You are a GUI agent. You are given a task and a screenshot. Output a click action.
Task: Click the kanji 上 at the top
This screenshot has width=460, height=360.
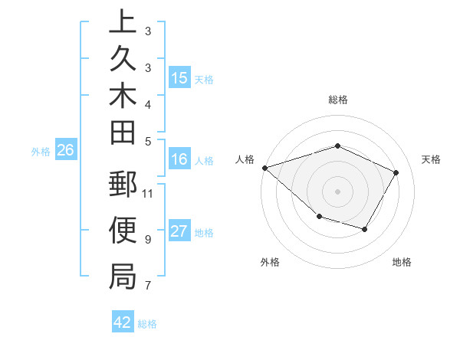tap(123, 22)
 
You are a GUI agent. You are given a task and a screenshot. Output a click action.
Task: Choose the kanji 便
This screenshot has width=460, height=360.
tap(123, 231)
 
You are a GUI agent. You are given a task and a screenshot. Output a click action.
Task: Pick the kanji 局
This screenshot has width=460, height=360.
tap(123, 277)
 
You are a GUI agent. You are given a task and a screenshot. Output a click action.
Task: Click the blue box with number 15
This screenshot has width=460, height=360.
tap(179, 77)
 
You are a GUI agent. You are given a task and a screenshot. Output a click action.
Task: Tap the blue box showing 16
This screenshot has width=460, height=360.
tap(179, 159)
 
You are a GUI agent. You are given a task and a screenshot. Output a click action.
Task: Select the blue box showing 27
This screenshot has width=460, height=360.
tap(179, 231)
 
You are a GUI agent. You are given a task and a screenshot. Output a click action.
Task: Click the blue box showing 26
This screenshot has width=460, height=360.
tap(65, 151)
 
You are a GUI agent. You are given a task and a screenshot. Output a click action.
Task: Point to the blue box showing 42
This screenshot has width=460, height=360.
tap(123, 322)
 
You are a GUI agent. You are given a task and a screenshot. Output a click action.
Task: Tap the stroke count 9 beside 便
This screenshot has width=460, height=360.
tap(147, 240)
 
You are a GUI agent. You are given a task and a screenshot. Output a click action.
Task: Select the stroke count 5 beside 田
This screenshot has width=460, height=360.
tap(147, 141)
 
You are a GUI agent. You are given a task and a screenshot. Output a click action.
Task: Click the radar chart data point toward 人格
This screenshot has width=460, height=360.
tap(264, 168)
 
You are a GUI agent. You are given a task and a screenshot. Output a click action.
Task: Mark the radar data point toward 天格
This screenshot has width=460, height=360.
tap(396, 172)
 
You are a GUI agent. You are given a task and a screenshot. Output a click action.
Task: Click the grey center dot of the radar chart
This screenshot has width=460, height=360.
tap(337, 191)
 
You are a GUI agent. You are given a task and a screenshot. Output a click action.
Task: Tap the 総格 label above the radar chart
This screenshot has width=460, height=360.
tap(337, 100)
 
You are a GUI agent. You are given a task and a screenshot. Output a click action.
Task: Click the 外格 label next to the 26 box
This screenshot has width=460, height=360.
tap(41, 152)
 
